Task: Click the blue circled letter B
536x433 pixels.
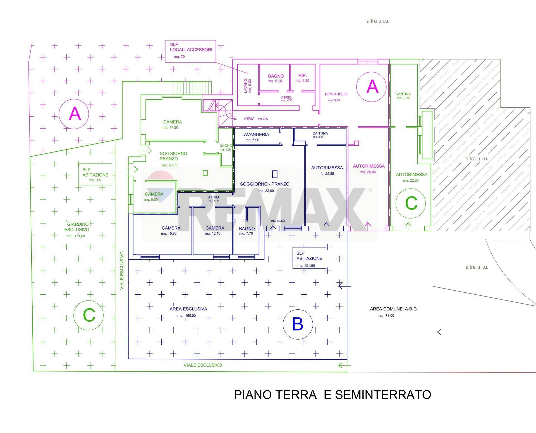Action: tap(298, 324)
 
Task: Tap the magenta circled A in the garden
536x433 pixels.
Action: tap(74, 114)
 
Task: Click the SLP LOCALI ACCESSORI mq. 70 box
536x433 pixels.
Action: tap(191, 51)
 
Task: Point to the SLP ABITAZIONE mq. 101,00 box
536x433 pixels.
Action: tap(309, 258)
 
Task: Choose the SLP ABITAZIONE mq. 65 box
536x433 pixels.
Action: tap(95, 175)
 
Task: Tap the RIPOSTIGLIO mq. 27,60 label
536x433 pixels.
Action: tap(336, 97)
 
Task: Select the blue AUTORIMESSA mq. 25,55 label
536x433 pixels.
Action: tap(327, 170)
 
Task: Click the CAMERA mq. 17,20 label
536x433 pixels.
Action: tap(172, 124)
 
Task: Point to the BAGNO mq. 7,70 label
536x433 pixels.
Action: tap(247, 231)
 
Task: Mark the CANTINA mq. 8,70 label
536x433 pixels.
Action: tap(403, 96)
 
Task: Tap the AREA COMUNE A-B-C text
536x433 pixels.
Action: tap(393, 309)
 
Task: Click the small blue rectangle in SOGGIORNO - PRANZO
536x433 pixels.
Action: tap(275, 174)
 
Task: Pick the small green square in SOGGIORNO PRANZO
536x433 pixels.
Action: tap(205, 173)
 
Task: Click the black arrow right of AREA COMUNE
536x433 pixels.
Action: tap(443, 332)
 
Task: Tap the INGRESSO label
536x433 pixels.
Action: tap(278, 221)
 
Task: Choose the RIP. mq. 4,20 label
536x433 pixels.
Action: tap(303, 78)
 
